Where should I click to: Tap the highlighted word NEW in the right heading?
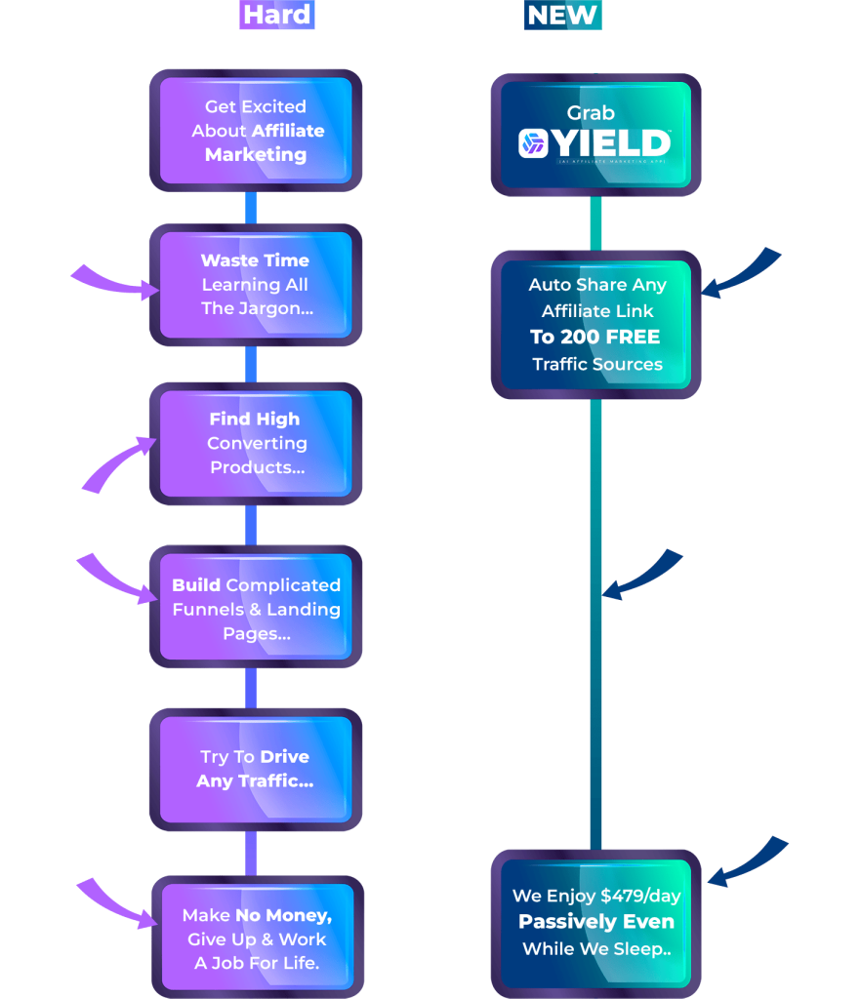click(562, 16)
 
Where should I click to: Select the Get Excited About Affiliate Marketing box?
click(256, 131)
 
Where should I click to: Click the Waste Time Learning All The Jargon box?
click(256, 285)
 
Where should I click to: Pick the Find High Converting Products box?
click(256, 444)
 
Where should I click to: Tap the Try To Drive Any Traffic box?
click(256, 770)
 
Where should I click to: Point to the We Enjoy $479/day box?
click(595, 922)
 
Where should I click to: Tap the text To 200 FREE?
click(595, 338)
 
